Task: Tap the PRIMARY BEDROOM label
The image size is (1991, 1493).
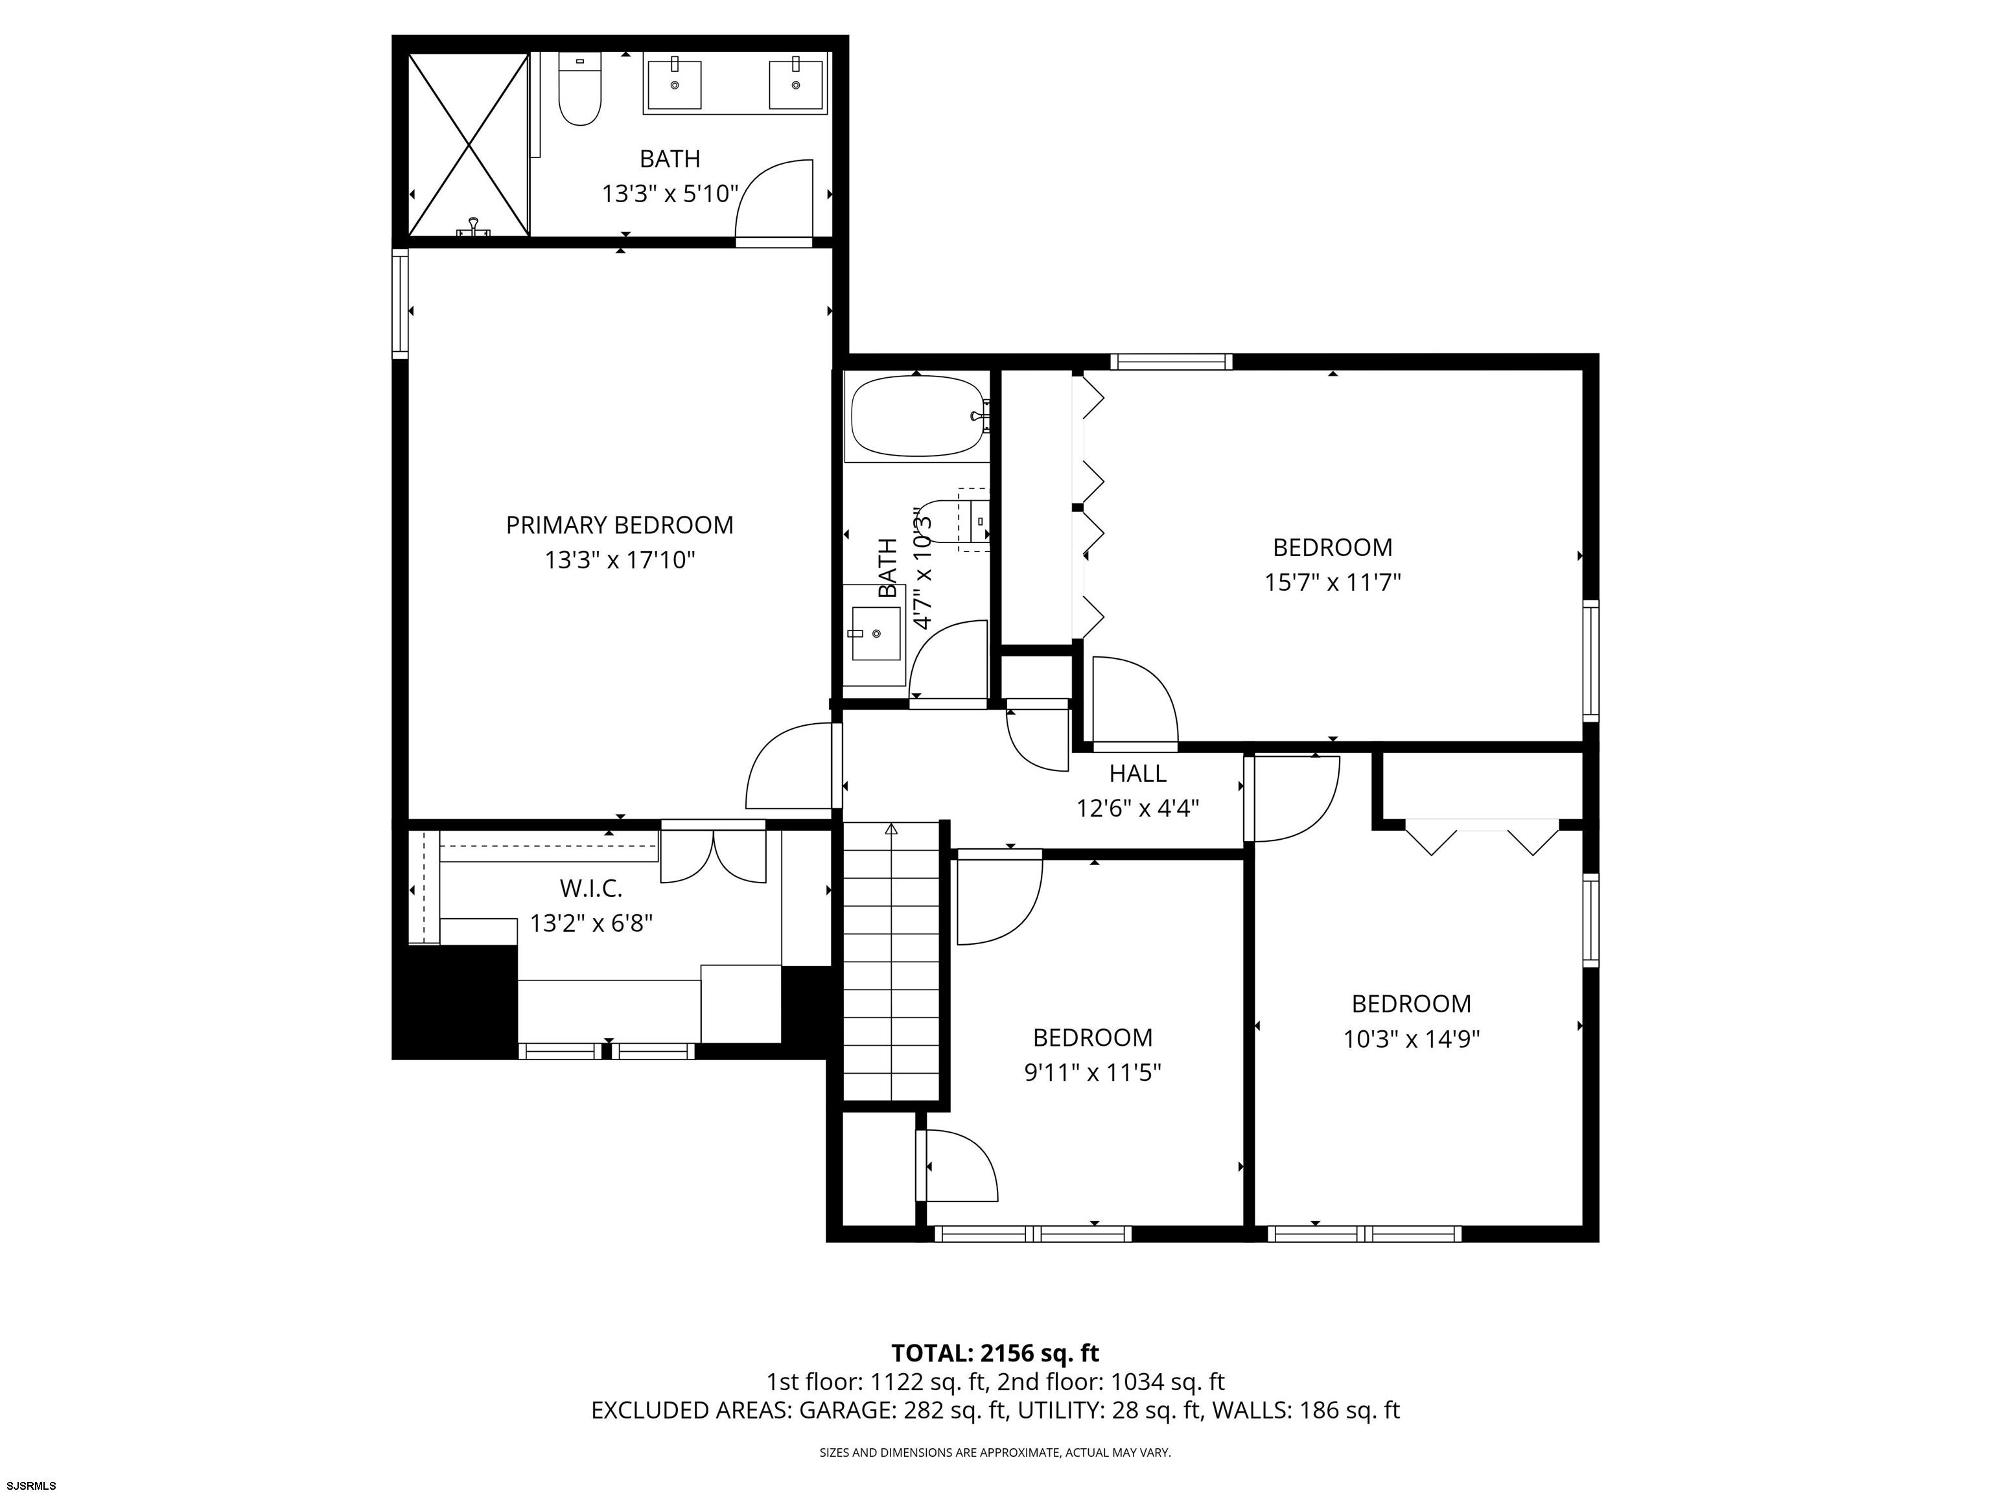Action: (619, 525)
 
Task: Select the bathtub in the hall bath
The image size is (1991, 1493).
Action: (917, 417)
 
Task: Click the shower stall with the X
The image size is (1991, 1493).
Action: (468, 144)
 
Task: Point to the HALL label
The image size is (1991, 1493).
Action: (1137, 773)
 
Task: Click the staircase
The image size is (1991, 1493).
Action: (891, 960)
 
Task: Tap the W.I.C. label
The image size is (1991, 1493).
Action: (590, 888)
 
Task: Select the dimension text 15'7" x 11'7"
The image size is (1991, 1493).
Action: (1332, 583)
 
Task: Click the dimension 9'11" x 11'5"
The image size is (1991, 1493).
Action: (1093, 1072)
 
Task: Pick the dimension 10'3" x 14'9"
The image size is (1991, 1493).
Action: (1412, 1039)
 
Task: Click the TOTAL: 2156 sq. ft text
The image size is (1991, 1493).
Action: (995, 1352)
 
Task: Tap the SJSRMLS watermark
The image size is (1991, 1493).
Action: (32, 1485)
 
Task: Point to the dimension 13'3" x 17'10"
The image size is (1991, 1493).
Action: (619, 561)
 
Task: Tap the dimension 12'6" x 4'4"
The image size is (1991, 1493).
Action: (1137, 808)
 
